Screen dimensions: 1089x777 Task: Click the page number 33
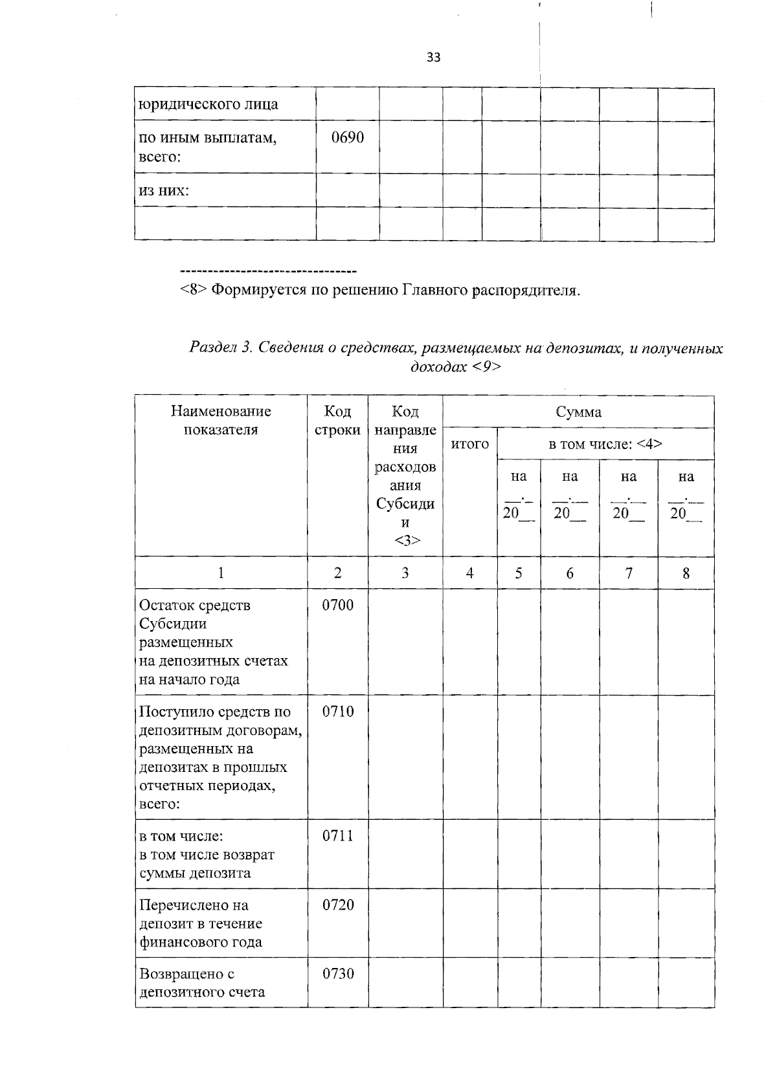(x=433, y=58)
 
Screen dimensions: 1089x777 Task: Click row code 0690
(x=348, y=138)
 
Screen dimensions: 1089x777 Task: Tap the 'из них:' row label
(x=164, y=191)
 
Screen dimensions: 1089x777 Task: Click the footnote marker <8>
(x=193, y=290)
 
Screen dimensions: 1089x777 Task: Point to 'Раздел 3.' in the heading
(x=220, y=348)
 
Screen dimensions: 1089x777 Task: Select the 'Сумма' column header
(x=578, y=412)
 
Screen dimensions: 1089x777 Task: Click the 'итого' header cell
(x=469, y=445)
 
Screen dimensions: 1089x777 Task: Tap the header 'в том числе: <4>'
(x=605, y=445)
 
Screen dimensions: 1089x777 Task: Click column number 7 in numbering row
(x=628, y=573)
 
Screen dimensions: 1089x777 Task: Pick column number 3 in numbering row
(x=405, y=573)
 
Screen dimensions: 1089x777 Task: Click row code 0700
(x=338, y=606)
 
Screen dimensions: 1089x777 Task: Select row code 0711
(x=338, y=836)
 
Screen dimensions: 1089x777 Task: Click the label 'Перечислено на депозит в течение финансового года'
(x=201, y=923)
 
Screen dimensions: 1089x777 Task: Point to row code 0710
(x=338, y=712)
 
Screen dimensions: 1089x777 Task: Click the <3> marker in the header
(x=406, y=541)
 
